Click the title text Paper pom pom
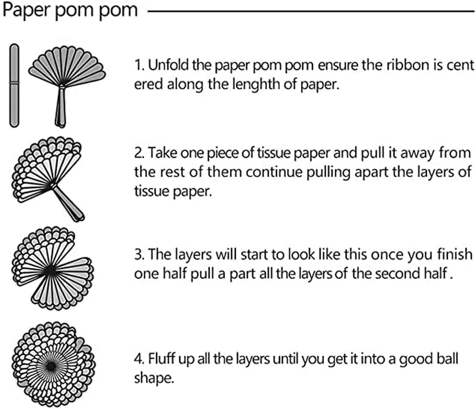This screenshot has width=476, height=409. (x=70, y=10)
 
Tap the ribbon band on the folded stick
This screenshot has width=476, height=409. (x=14, y=83)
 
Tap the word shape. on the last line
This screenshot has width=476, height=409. (x=154, y=378)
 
